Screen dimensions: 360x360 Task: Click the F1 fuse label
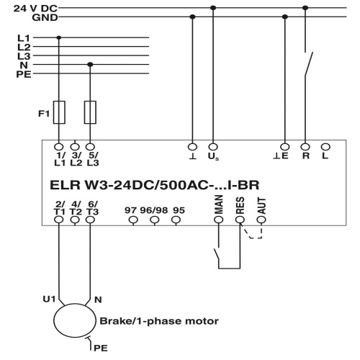pos(44,114)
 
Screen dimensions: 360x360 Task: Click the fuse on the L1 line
pos(59,112)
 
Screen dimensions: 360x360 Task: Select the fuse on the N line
pos(90,112)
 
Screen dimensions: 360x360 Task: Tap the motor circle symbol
pos(74,320)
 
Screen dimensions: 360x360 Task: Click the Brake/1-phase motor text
pos(159,321)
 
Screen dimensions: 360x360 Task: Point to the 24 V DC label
pos(35,9)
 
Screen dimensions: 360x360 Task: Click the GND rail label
pos(45,17)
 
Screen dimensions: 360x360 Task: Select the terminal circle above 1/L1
pos(59,147)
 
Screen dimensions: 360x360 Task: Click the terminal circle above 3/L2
pos(75,147)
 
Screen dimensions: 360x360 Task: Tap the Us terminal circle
pos(213,147)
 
